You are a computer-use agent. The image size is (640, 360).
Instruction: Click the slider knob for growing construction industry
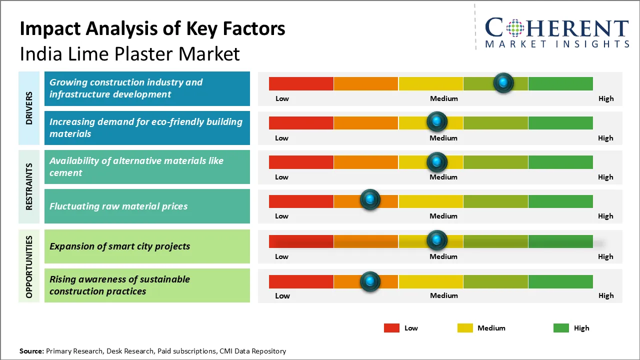[503, 82]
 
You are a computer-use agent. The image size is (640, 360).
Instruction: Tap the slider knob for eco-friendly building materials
[437, 121]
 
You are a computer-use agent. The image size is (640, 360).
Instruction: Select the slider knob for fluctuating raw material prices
[370, 200]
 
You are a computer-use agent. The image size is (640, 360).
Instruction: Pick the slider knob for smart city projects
[437, 240]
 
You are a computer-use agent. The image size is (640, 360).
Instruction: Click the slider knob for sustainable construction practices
[370, 281]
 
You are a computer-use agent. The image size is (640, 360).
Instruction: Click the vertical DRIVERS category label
[29, 108]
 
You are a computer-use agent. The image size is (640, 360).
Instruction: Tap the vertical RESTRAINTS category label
[29, 186]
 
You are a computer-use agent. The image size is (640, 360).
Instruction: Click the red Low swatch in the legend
[391, 328]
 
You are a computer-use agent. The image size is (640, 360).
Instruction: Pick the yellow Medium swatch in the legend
[465, 328]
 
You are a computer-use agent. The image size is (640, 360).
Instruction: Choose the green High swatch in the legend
[561, 328]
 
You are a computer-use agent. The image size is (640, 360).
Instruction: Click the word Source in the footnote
[31, 351]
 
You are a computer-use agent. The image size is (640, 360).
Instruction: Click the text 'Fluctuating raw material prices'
[118, 206]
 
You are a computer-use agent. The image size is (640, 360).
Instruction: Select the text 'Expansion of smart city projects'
[119, 246]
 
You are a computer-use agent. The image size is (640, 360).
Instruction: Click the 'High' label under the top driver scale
[606, 98]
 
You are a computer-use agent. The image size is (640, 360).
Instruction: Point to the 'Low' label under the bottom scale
[282, 295]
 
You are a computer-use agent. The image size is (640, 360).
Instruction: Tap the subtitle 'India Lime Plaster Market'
[129, 53]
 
